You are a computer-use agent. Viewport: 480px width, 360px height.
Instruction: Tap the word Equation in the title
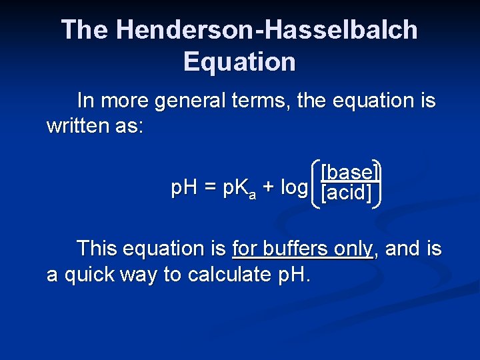point(239,62)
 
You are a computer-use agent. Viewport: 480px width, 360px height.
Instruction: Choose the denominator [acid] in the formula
point(346,194)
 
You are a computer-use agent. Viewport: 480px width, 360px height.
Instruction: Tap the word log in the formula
point(293,189)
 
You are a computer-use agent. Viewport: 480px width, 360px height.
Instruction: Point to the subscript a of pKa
point(252,195)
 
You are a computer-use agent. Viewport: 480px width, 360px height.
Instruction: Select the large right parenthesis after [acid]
point(377,183)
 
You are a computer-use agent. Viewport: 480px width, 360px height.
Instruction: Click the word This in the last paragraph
point(97,249)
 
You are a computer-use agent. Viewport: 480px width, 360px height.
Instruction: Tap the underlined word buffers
point(297,249)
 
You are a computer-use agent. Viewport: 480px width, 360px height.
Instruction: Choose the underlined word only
point(353,249)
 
